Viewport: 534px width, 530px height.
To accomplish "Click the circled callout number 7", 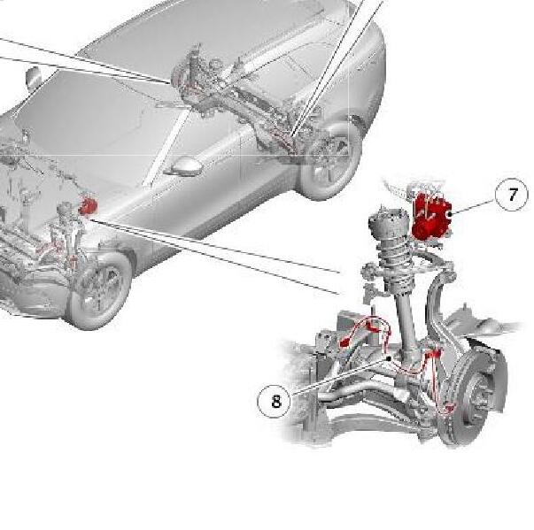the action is point(511,195).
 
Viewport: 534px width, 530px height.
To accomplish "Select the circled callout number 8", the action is point(275,401).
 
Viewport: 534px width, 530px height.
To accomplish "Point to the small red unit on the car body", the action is point(89,206).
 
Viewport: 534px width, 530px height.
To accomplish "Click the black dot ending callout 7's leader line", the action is point(450,214).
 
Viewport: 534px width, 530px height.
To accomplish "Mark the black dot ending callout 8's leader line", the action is point(389,358).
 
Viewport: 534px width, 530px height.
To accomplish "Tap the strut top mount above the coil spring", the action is point(387,223).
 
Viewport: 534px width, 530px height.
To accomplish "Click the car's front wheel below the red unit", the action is point(99,289).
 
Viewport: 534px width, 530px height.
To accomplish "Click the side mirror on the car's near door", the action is point(186,165).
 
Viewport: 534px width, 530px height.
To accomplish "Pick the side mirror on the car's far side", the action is point(34,78).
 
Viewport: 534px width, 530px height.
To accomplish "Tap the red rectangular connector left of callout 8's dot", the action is point(344,342).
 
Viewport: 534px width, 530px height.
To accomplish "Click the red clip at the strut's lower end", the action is point(432,354).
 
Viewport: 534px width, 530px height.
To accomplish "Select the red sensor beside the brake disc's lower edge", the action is point(450,407).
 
